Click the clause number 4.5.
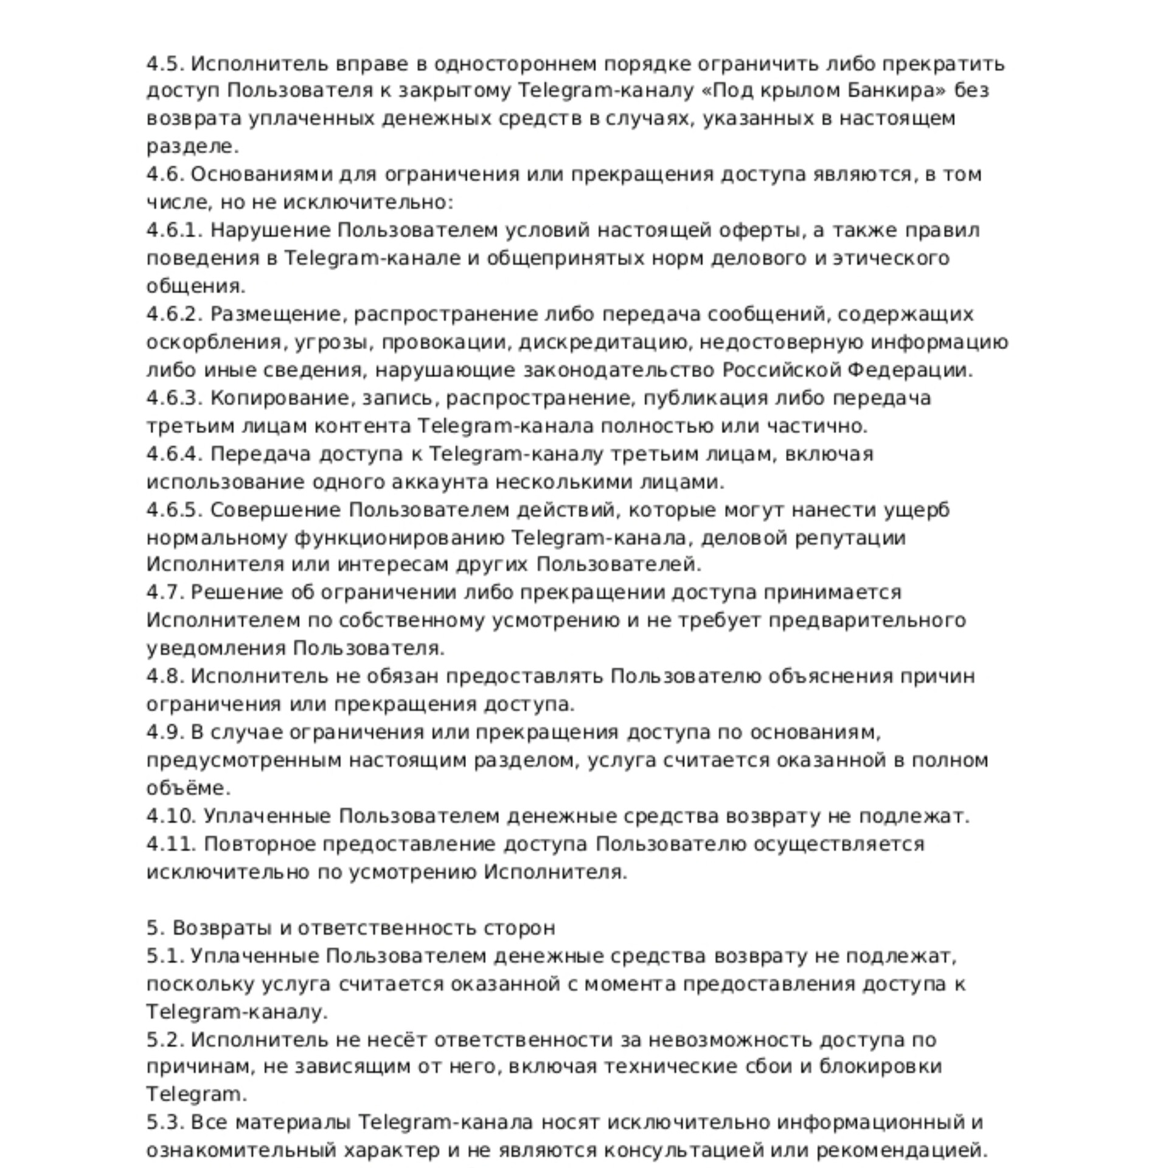coord(165,64)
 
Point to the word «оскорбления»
coord(214,342)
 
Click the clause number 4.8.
coord(165,677)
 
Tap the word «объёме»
coord(188,789)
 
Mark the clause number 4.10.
coord(171,817)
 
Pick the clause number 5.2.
coord(165,1041)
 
